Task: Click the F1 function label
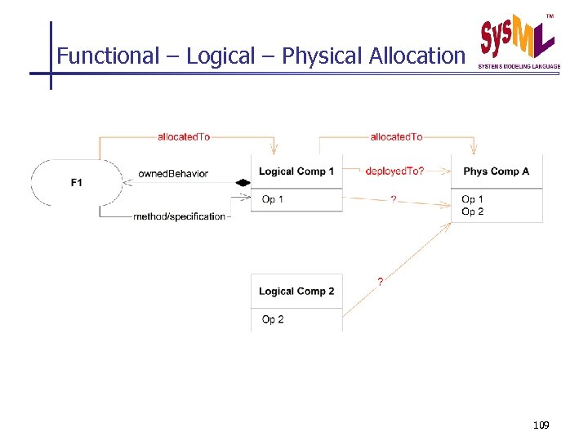click(x=76, y=183)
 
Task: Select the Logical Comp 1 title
click(x=296, y=171)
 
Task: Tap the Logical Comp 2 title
click(x=296, y=292)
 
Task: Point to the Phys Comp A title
click(x=496, y=171)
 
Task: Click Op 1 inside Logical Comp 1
click(x=273, y=200)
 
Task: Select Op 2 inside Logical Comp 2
click(x=273, y=319)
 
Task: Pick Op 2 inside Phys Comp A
click(x=472, y=212)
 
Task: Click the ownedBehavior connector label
click(x=173, y=174)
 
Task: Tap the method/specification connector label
click(x=179, y=216)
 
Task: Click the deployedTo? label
click(x=395, y=171)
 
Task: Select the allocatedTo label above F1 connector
click(x=184, y=137)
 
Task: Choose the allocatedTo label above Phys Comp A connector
click(x=396, y=137)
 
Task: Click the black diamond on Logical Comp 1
click(x=243, y=183)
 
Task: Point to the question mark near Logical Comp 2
click(x=380, y=282)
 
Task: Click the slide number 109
click(x=541, y=425)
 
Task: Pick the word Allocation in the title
click(x=416, y=56)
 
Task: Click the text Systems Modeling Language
click(x=519, y=66)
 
